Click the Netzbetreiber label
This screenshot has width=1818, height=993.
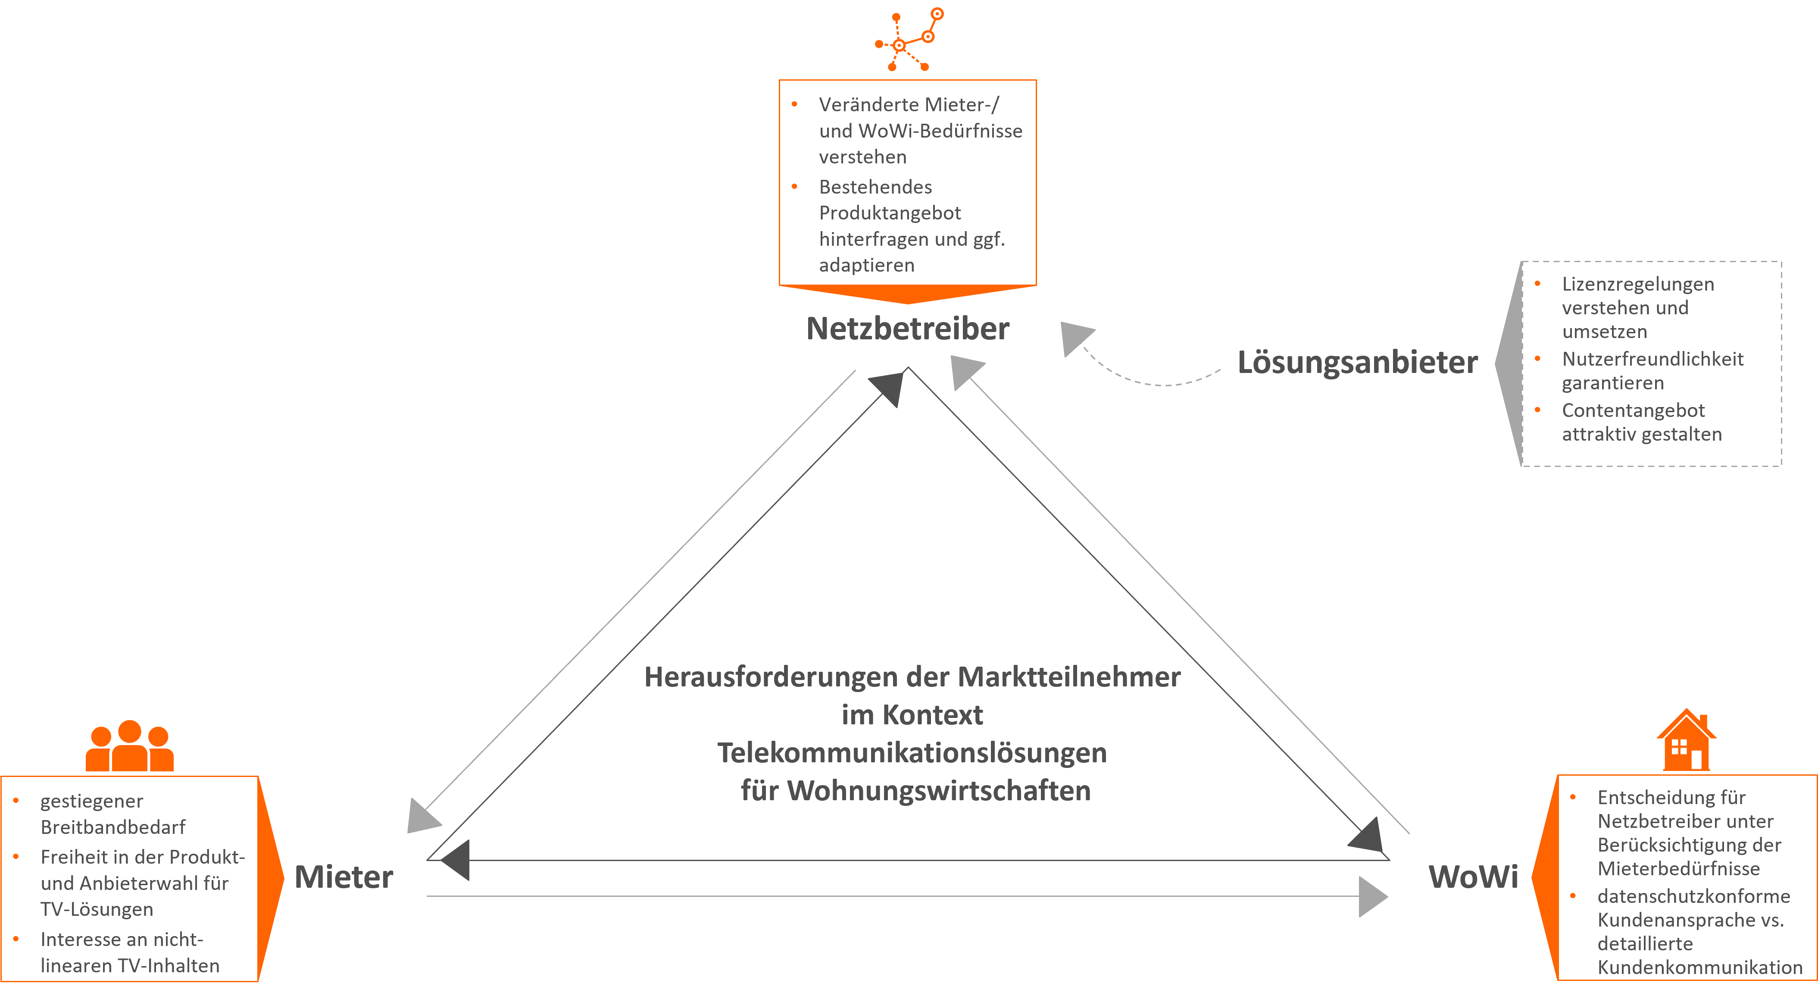point(908,329)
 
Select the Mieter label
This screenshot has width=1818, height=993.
point(344,877)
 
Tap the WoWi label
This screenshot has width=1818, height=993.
point(1473,877)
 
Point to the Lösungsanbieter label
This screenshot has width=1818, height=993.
point(1357,362)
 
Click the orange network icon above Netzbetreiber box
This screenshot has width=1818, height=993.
point(908,40)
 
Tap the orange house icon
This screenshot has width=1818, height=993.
point(1686,740)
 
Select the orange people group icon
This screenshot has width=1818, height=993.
point(129,746)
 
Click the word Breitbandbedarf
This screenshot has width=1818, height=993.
point(113,827)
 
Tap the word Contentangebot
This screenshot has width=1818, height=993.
point(1633,411)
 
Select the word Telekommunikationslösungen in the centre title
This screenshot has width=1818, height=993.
point(912,753)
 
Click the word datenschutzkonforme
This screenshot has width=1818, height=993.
point(1693,896)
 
